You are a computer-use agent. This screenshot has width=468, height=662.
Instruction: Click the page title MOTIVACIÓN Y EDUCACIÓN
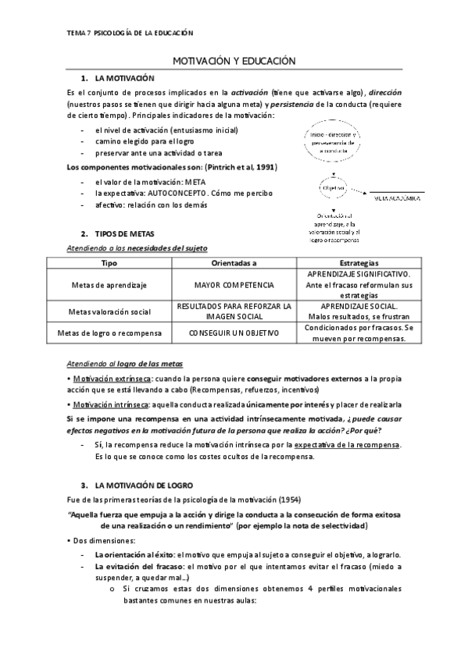[x=234, y=60]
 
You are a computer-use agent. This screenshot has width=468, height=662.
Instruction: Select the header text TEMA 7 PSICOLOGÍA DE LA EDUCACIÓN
[x=130, y=33]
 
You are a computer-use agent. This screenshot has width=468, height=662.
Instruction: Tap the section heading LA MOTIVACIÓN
[x=124, y=79]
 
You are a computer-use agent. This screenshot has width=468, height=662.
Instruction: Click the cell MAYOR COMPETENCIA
[x=233, y=285]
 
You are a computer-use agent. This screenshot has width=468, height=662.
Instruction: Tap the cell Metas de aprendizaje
[x=109, y=285]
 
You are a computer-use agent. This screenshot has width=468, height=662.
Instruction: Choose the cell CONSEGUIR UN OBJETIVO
[x=233, y=333]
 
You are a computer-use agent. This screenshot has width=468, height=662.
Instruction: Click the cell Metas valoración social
[x=109, y=311]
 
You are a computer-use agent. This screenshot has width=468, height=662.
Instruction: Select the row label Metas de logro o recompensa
[x=109, y=333]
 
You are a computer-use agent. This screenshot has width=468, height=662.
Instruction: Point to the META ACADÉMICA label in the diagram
[x=396, y=199]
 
